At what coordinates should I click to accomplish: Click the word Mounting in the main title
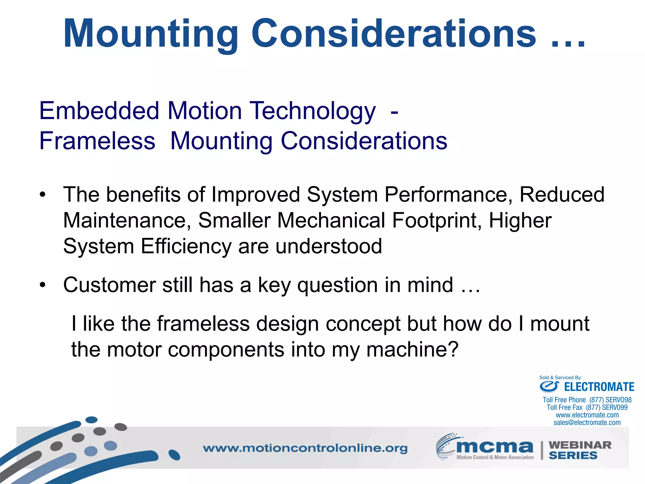tap(151, 34)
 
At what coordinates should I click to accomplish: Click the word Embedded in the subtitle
tap(99, 111)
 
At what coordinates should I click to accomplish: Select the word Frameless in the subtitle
tap(97, 141)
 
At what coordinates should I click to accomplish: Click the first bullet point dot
tap(43, 194)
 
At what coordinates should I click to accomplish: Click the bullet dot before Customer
tap(43, 285)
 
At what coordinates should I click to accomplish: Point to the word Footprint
tap(437, 220)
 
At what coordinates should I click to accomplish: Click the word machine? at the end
tap(412, 349)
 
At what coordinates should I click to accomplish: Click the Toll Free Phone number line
tap(587, 400)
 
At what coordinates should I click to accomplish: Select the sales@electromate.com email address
tap(587, 423)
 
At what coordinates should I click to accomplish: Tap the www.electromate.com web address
tap(587, 415)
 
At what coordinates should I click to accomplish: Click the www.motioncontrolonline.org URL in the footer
tap(305, 448)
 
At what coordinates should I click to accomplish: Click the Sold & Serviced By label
tap(560, 377)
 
